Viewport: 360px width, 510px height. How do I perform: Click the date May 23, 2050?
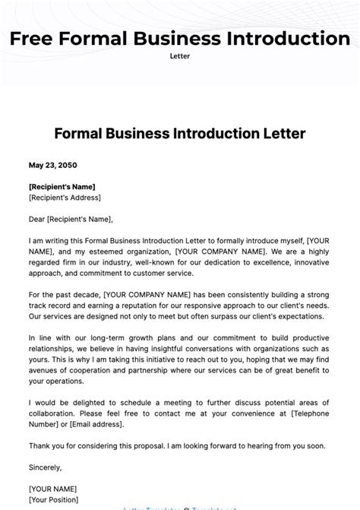tap(52, 165)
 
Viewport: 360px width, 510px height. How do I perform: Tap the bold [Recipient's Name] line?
tap(62, 186)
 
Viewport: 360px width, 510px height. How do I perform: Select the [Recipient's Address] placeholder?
tap(65, 197)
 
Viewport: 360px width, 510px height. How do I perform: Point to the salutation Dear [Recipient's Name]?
tap(70, 219)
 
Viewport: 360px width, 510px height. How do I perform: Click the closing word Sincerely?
tap(45, 467)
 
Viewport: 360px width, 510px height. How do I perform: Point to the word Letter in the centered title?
tap(284, 134)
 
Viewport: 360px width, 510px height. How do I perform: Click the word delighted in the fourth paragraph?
tap(83, 402)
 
